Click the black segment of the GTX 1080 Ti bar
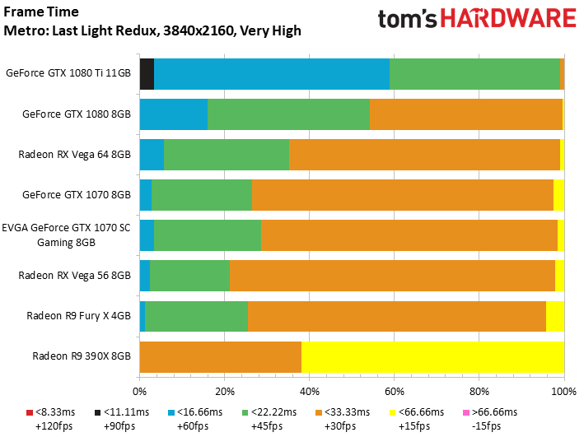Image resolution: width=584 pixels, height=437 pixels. coord(147,74)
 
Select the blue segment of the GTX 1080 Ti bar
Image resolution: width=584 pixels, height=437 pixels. coord(272,74)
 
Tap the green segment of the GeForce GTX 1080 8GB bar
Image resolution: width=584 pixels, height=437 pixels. coord(288,114)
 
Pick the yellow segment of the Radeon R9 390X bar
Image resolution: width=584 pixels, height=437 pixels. coord(432,357)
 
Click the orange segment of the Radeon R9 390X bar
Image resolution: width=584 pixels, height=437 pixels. coord(221,357)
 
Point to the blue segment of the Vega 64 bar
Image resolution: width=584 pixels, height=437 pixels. coord(152,155)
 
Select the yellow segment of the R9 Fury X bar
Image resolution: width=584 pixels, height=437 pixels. coord(555,316)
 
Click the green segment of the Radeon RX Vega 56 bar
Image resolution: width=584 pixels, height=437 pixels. coord(190,276)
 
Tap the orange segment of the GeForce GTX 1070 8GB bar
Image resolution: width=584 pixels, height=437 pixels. coord(403,195)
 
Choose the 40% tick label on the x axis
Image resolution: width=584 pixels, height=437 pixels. coord(310,392)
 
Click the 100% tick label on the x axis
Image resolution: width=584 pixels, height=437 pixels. coord(564,392)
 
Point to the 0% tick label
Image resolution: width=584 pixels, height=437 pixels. coord(140,392)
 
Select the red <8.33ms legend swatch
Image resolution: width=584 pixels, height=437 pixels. coord(30,412)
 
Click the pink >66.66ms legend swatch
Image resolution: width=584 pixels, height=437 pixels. coord(466,412)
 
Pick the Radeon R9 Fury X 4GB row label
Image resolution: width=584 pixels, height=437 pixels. coord(78,316)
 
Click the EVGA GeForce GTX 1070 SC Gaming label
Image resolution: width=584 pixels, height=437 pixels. coord(66,235)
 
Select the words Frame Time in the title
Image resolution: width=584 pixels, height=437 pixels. coord(41,12)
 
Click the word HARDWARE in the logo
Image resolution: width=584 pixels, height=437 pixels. coord(508,19)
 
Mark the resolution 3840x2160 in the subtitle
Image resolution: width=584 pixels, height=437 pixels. coord(199,31)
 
